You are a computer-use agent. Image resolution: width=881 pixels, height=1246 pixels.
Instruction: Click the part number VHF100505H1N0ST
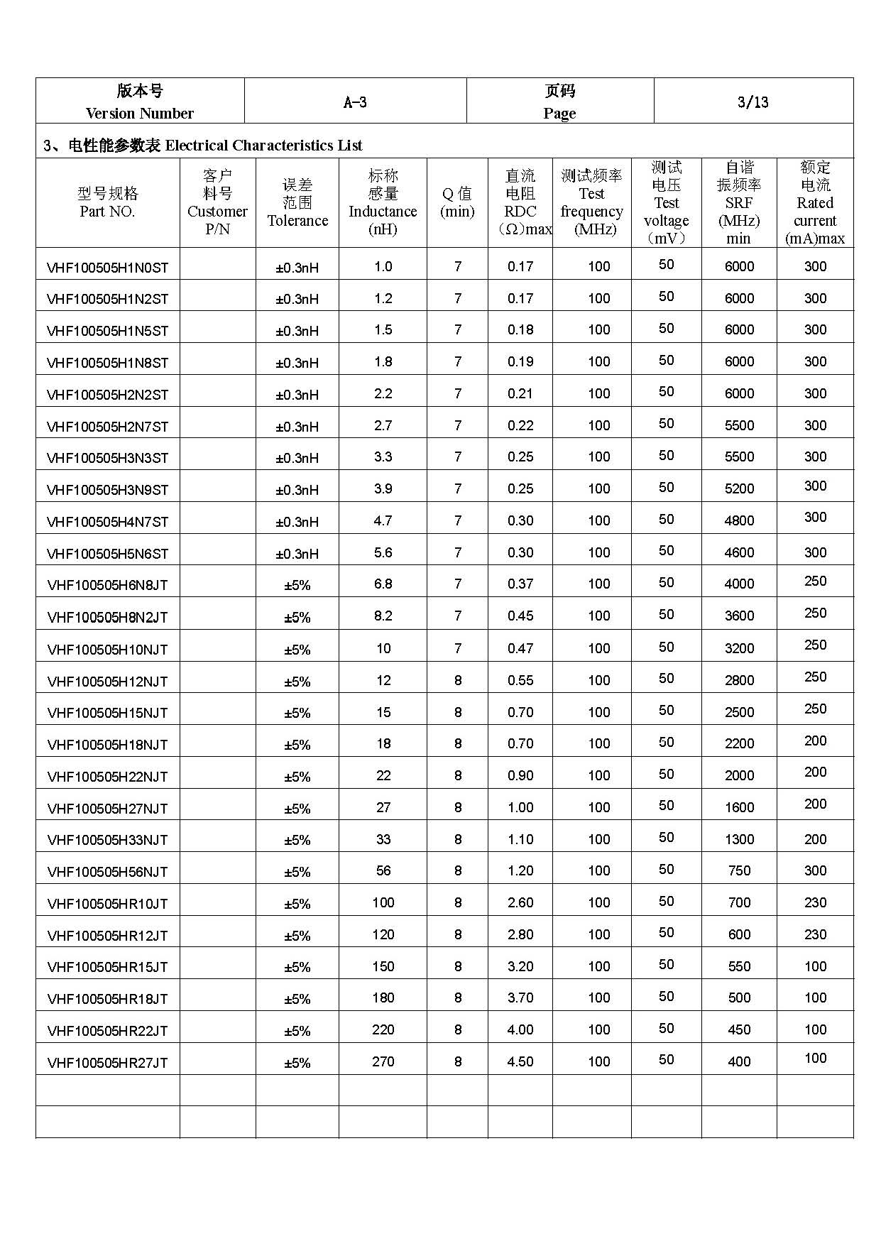pyautogui.click(x=107, y=268)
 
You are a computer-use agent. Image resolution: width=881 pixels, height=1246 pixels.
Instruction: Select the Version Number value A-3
pyautogui.click(x=355, y=102)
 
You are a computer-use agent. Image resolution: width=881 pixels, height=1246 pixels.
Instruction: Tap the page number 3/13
pyautogui.click(x=753, y=102)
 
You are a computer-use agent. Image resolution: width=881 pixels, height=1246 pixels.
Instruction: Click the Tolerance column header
pyautogui.click(x=297, y=203)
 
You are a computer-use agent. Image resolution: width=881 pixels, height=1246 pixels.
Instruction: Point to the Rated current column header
pyautogui.click(x=815, y=203)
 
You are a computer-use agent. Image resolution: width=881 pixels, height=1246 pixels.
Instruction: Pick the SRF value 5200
pyautogui.click(x=739, y=488)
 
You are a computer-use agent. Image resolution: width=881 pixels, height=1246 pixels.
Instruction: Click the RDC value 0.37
pyautogui.click(x=520, y=584)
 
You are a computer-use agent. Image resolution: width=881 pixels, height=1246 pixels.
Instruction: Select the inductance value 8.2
pyautogui.click(x=383, y=616)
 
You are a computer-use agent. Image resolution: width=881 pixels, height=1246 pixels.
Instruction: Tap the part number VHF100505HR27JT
pyautogui.click(x=107, y=1063)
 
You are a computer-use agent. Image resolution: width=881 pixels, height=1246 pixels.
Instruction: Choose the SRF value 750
pyautogui.click(x=739, y=870)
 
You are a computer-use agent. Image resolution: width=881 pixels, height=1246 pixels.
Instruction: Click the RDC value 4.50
pyautogui.click(x=520, y=1061)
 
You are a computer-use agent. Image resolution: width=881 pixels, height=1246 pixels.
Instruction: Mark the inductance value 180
pyautogui.click(x=383, y=998)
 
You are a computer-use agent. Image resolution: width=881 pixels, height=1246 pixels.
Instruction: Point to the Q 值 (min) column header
pyautogui.click(x=457, y=203)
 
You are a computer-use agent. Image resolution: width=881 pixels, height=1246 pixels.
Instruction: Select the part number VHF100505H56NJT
pyautogui.click(x=107, y=872)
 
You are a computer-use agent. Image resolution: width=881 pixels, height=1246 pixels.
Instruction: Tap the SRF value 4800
pyautogui.click(x=739, y=520)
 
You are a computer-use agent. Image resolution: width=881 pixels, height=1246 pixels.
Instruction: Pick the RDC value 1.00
pyautogui.click(x=520, y=807)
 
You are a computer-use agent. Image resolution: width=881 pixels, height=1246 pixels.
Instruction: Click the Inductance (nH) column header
pyautogui.click(x=383, y=203)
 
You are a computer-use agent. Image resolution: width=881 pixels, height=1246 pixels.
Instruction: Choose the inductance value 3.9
pyautogui.click(x=383, y=488)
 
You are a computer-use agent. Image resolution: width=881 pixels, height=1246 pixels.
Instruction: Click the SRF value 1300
pyautogui.click(x=739, y=839)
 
